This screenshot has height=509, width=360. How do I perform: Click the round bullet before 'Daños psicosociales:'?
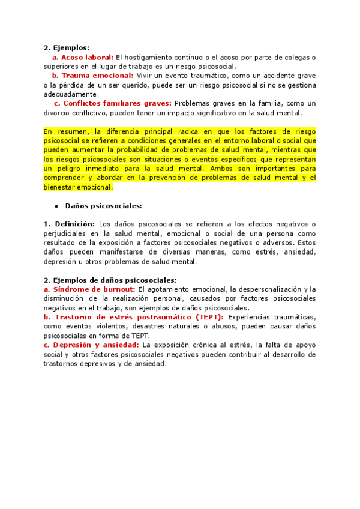pyautogui.click(x=57, y=206)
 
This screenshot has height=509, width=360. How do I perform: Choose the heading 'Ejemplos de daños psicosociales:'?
pyautogui.click(x=115, y=280)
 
